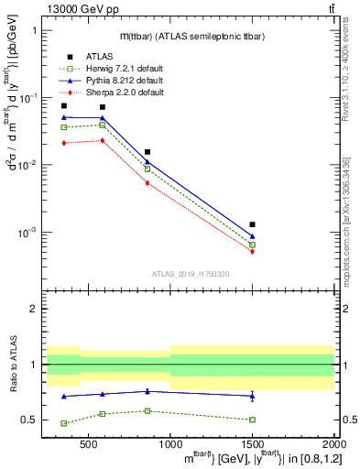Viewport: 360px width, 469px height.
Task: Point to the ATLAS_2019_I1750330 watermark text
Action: pyautogui.click(x=190, y=273)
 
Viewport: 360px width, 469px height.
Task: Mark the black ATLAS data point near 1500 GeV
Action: pyautogui.click(x=252, y=224)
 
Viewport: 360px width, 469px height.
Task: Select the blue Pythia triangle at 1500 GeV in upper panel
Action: pyautogui.click(x=252, y=236)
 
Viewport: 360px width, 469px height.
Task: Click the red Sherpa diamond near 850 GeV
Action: pyautogui.click(x=147, y=183)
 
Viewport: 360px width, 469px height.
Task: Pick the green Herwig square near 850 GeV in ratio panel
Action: pyautogui.click(x=147, y=410)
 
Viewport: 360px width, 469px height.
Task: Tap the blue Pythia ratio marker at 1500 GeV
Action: pyautogui.click(x=252, y=396)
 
